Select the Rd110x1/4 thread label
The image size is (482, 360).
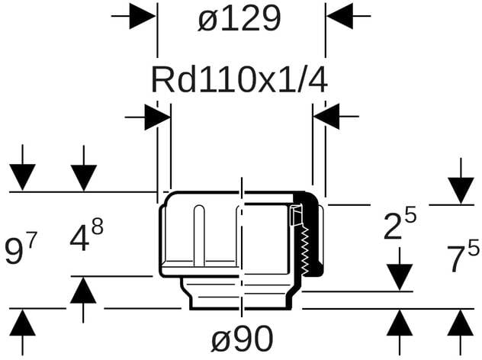pyautogui.click(x=239, y=79)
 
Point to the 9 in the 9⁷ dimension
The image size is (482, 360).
pyautogui.click(x=13, y=252)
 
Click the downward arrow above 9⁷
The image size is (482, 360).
pyautogui.click(x=24, y=177)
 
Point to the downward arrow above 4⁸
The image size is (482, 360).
pyautogui.click(x=84, y=177)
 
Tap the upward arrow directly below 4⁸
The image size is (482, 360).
pyautogui.click(x=84, y=291)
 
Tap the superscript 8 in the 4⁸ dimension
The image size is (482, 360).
pyautogui.click(x=97, y=227)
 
